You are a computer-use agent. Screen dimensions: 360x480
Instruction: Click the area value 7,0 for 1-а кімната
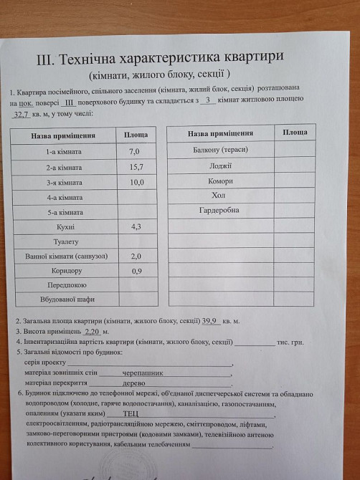pos(134,152)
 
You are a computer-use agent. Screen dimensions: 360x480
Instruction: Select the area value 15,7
pos(136,167)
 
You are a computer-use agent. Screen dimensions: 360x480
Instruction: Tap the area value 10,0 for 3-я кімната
pos(136,182)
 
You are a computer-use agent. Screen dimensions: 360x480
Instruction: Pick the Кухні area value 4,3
pos(136,226)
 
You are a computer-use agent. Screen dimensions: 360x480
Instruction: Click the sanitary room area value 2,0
pos(136,256)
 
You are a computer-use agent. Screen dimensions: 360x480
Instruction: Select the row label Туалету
pos(65,241)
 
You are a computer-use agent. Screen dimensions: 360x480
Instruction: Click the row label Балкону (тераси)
pos(220,150)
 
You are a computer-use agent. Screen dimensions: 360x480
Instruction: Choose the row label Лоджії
pos(220,165)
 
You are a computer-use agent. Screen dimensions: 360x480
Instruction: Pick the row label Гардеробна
pos(220,210)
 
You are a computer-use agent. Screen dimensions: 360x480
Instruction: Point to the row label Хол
pos(219,195)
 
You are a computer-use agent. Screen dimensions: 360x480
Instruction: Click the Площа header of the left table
pos(136,135)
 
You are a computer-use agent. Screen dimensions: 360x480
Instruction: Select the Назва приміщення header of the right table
pos(220,134)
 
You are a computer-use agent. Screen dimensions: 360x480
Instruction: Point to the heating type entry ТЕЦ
pos(131,413)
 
